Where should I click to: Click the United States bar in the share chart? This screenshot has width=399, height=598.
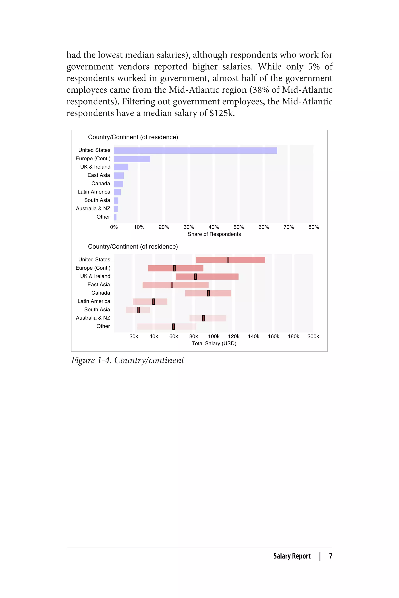(195, 150)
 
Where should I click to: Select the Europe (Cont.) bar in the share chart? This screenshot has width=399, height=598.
(132, 159)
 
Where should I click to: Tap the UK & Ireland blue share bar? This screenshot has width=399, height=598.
(121, 167)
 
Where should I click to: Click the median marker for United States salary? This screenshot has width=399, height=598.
(228, 260)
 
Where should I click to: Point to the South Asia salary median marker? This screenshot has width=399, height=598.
(139, 310)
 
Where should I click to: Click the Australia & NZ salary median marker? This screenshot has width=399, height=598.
(203, 318)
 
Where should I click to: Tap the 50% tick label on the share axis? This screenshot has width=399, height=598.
(239, 227)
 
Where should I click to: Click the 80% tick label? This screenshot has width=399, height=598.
(313, 227)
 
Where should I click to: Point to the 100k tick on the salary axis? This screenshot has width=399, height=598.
(214, 336)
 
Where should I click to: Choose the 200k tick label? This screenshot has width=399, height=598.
(313, 336)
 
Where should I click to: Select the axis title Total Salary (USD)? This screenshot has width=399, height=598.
(214, 344)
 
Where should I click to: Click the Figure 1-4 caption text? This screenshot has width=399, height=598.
(127, 360)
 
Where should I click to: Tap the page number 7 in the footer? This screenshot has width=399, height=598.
(331, 556)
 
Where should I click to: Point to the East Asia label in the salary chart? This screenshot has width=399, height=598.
(99, 285)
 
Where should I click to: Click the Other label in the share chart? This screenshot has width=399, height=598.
(103, 217)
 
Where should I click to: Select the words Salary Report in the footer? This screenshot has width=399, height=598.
(292, 556)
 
